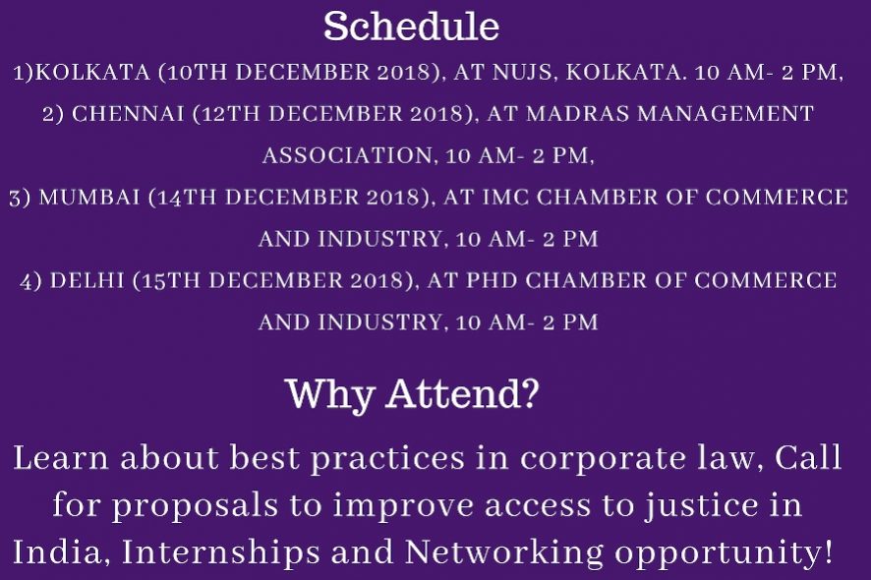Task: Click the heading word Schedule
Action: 411,27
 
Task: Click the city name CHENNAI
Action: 128,114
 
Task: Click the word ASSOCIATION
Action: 347,155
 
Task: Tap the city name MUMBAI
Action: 89,198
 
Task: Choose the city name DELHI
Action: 87,280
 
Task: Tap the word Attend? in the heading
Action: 462,393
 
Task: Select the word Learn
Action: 61,458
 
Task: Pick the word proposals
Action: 195,506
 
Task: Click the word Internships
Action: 220,553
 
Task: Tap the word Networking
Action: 503,553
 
